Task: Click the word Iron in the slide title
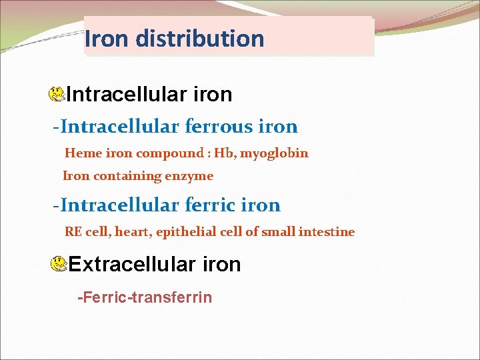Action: [108, 39]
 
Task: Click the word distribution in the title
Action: [199, 39]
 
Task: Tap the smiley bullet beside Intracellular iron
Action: [57, 95]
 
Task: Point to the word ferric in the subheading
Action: [217, 205]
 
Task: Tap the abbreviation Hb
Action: [223, 153]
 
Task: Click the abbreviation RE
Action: [73, 232]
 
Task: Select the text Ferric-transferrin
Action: [145, 297]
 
